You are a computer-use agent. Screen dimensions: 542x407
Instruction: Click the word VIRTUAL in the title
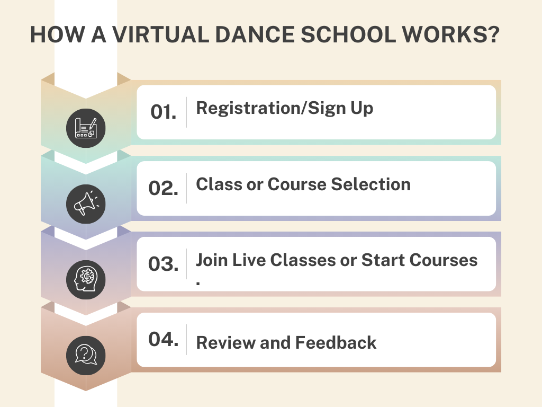(160, 34)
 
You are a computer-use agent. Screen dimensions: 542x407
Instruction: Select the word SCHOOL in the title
(348, 34)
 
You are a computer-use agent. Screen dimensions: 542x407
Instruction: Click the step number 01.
(163, 112)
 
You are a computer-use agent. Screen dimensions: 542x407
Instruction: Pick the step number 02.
(163, 188)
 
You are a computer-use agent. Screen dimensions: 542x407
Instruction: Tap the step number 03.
(163, 264)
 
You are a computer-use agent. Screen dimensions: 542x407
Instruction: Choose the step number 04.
(163, 339)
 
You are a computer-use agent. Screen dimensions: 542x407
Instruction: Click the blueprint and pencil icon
(86, 128)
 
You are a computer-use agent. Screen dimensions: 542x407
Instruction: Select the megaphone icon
(86, 204)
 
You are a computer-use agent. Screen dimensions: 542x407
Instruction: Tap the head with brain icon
(86, 280)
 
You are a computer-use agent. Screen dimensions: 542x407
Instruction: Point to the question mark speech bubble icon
(86, 355)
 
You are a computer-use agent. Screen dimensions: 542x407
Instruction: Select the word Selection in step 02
(371, 184)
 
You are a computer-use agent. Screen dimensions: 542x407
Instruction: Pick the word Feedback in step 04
(336, 343)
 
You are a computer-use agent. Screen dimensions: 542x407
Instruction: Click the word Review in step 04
(225, 343)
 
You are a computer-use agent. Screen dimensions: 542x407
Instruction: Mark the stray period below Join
(198, 283)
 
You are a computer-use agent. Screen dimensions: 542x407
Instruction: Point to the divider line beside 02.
(186, 188)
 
